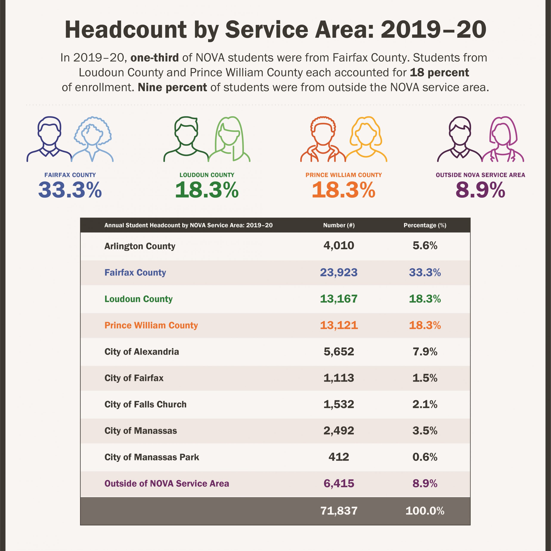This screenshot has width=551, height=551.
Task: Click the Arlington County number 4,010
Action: (x=339, y=246)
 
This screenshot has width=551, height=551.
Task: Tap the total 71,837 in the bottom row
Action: (x=339, y=511)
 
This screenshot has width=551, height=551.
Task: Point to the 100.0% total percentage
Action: (x=425, y=511)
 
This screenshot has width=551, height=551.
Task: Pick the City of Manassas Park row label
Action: (x=152, y=457)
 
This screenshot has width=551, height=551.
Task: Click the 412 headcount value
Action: (x=339, y=457)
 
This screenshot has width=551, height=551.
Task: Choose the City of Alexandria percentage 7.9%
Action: (x=425, y=352)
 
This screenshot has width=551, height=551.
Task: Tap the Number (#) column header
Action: (x=339, y=225)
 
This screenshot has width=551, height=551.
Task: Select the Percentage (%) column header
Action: (x=425, y=225)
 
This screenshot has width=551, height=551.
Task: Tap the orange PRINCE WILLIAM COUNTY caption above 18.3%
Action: (x=344, y=175)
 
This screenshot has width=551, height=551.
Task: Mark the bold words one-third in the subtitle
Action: (x=155, y=58)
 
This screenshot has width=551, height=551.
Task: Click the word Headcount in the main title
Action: (x=126, y=30)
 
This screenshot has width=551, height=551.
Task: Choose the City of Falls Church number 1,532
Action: (x=339, y=404)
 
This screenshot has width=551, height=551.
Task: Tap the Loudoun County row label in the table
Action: (x=139, y=299)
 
